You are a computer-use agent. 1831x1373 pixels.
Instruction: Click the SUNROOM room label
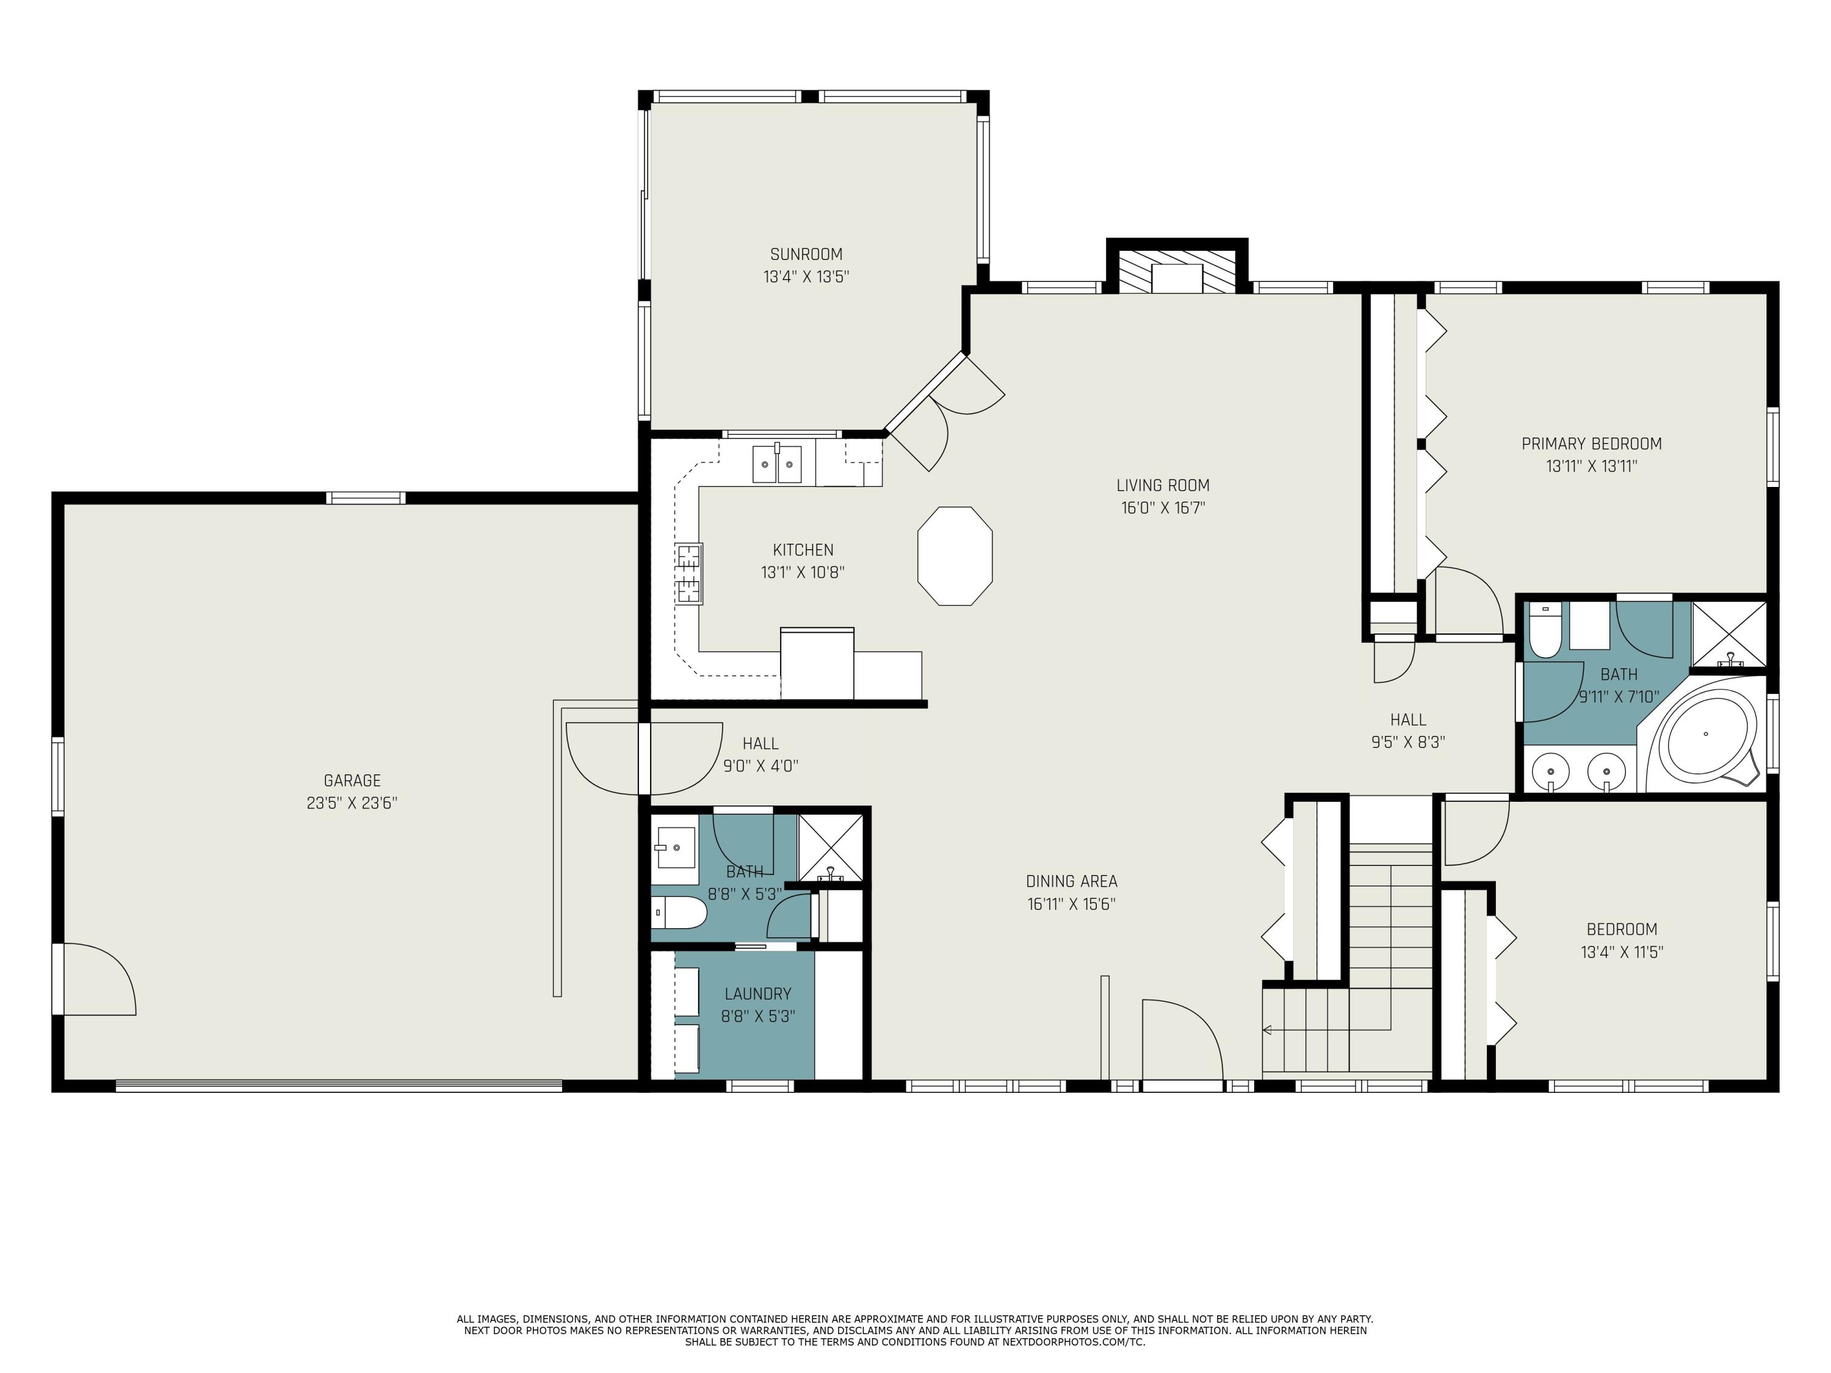806,254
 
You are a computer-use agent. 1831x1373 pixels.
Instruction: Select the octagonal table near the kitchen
955,556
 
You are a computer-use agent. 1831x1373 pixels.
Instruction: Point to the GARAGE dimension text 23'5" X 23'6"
352,803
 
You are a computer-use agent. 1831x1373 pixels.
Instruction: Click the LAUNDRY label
757,994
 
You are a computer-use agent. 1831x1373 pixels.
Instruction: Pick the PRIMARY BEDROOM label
1591,444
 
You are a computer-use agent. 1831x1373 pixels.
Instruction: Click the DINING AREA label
1071,881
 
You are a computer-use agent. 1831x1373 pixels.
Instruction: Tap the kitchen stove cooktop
688,574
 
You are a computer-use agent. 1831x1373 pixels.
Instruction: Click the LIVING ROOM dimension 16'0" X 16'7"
1163,507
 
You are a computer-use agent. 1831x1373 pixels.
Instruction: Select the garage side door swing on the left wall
93,978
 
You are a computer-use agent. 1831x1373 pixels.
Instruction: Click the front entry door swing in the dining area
1182,1039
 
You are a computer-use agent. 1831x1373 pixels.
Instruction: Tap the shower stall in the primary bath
1729,634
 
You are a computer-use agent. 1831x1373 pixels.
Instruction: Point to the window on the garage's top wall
365,497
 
